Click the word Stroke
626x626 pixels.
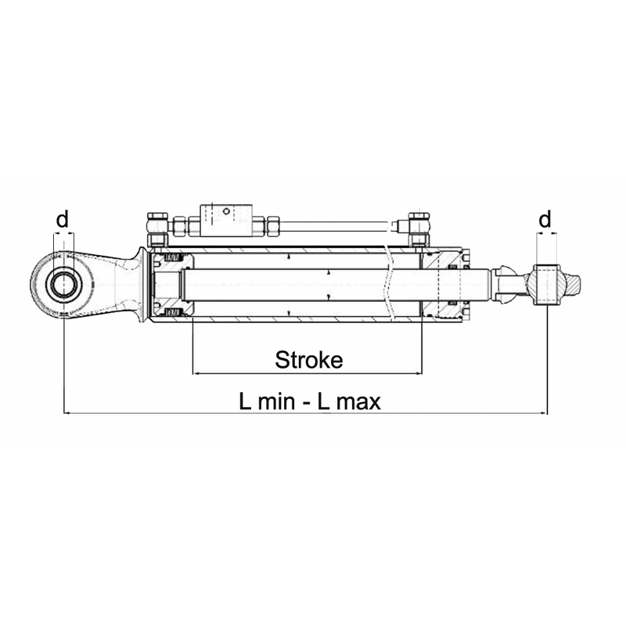308,360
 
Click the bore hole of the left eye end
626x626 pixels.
62,285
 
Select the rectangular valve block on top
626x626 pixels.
226,218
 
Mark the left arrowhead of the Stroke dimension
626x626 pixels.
196,373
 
